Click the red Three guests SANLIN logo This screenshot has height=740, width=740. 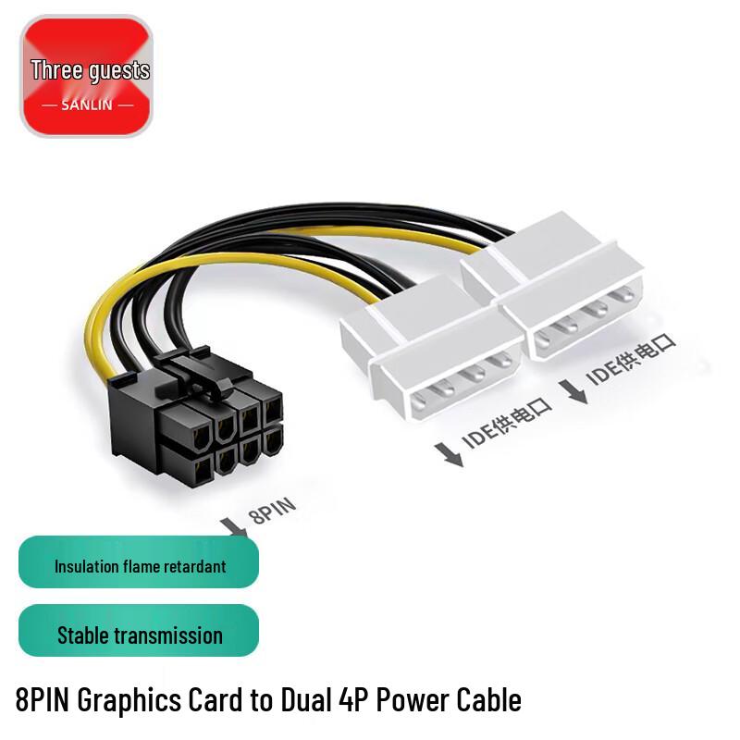pyautogui.click(x=86, y=76)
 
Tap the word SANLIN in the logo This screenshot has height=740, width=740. pyautogui.click(x=87, y=105)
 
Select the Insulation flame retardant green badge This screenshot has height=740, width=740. pyautogui.click(x=139, y=562)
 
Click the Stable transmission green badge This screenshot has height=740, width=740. pyautogui.click(x=139, y=631)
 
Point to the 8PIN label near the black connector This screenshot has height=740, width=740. pyautogui.click(x=272, y=511)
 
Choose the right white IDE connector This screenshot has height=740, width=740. pyautogui.click(x=553, y=283)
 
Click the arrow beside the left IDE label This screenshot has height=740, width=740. pyautogui.click(x=450, y=455)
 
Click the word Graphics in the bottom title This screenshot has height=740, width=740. pyautogui.click(x=129, y=700)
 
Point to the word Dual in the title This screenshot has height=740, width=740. pyautogui.click(x=306, y=699)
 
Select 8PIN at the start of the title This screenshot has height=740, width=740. pyautogui.click(x=43, y=699)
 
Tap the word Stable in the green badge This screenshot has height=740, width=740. pyautogui.click(x=82, y=635)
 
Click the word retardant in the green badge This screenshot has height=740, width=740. pyautogui.click(x=198, y=566)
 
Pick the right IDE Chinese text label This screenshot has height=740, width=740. pyautogui.click(x=631, y=359)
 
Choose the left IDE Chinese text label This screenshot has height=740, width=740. pyautogui.click(x=507, y=424)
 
